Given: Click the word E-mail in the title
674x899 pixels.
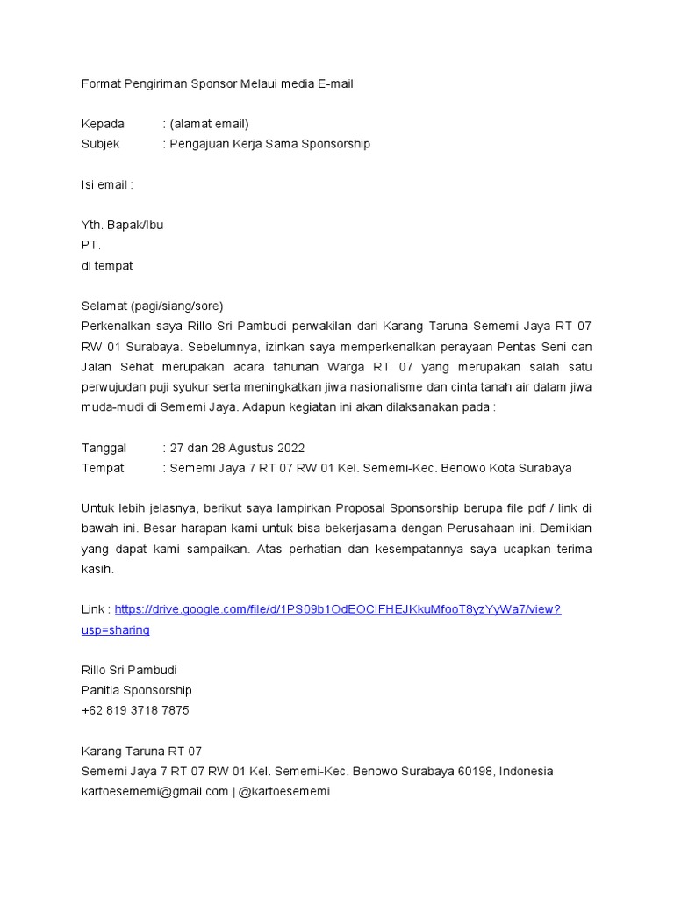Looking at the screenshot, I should point(333,83).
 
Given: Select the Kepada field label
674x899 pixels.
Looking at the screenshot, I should point(104,124).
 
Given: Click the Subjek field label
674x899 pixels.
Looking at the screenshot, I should point(101,144).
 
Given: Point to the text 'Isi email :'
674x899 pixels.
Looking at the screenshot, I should point(107,184).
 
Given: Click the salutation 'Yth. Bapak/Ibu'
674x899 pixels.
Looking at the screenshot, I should point(122,225).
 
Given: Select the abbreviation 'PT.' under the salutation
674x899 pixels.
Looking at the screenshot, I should point(91,245).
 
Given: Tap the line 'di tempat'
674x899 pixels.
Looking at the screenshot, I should point(107,265).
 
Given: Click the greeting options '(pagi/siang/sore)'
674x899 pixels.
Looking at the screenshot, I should point(177,306).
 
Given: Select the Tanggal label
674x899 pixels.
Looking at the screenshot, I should point(104,448).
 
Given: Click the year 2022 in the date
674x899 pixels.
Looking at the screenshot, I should point(290,448).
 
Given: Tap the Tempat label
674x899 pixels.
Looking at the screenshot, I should point(103,468).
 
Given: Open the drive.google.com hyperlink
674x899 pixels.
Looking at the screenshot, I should point(338,609).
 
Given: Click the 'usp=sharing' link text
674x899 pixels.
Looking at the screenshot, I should point(116,629).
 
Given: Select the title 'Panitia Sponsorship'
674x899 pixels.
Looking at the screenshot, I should point(137,690).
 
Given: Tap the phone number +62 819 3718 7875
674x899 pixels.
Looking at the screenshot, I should point(135,710).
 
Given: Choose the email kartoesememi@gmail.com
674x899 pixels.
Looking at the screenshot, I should point(154,791).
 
